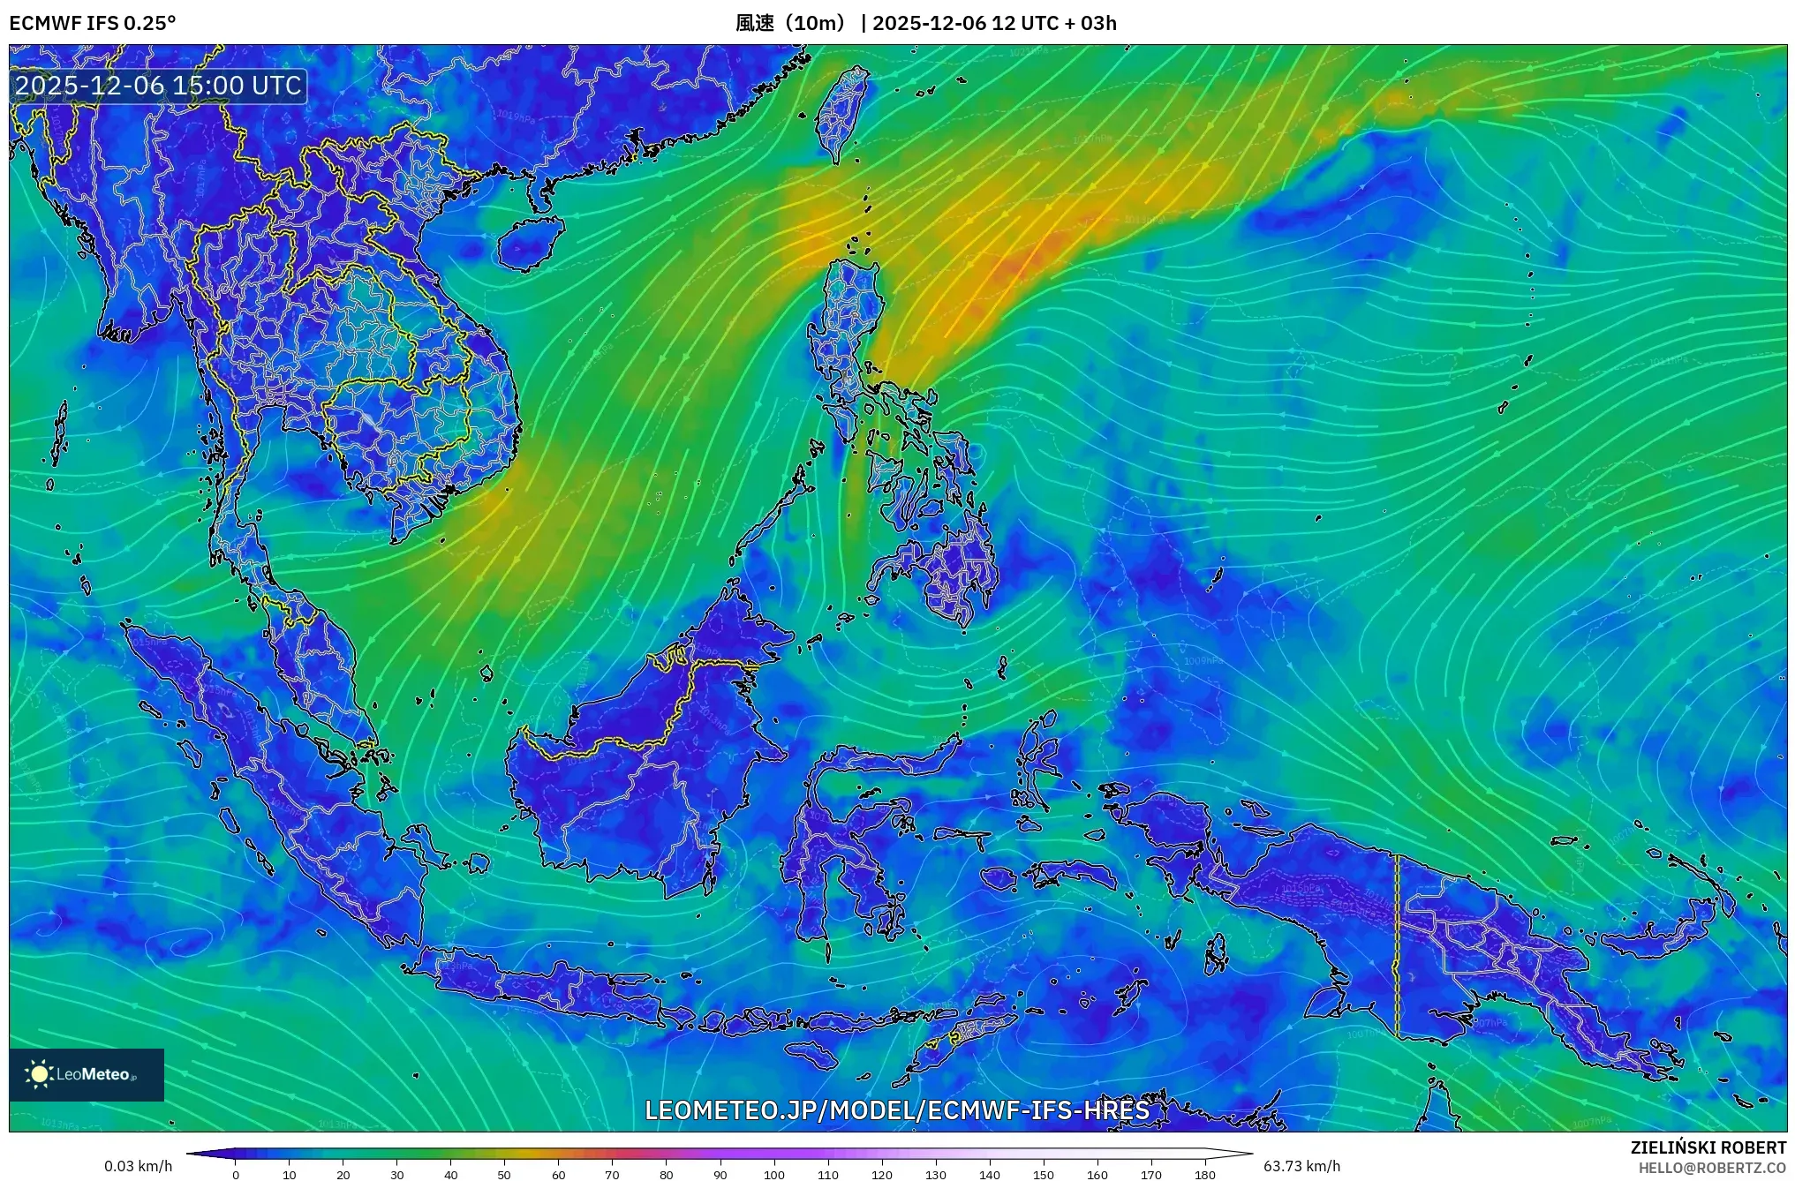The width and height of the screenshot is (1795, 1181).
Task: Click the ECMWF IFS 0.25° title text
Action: [x=93, y=23]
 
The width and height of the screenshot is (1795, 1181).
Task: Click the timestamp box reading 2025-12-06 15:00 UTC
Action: [x=159, y=86]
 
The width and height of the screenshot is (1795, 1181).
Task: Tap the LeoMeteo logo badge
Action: [x=87, y=1074]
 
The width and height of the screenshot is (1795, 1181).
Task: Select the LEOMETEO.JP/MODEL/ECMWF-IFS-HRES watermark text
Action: [x=897, y=1110]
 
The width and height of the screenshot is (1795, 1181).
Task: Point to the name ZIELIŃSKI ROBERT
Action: [x=1708, y=1147]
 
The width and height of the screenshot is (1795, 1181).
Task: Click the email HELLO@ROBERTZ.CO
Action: [x=1712, y=1168]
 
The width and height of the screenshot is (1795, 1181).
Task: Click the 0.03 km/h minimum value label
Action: [x=138, y=1166]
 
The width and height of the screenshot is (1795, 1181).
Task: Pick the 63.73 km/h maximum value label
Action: [x=1301, y=1166]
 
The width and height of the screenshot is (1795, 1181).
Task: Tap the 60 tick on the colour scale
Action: [x=558, y=1174]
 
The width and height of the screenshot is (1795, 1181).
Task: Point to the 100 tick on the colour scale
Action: [x=774, y=1174]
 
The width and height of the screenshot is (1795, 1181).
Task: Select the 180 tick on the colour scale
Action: [x=1205, y=1174]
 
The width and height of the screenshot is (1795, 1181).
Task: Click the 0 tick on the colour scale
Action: [x=236, y=1174]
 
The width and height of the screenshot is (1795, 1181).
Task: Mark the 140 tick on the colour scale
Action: [x=990, y=1174]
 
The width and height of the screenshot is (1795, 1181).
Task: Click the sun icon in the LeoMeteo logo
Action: [x=39, y=1074]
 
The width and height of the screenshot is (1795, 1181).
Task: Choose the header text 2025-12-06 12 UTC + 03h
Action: [x=994, y=23]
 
